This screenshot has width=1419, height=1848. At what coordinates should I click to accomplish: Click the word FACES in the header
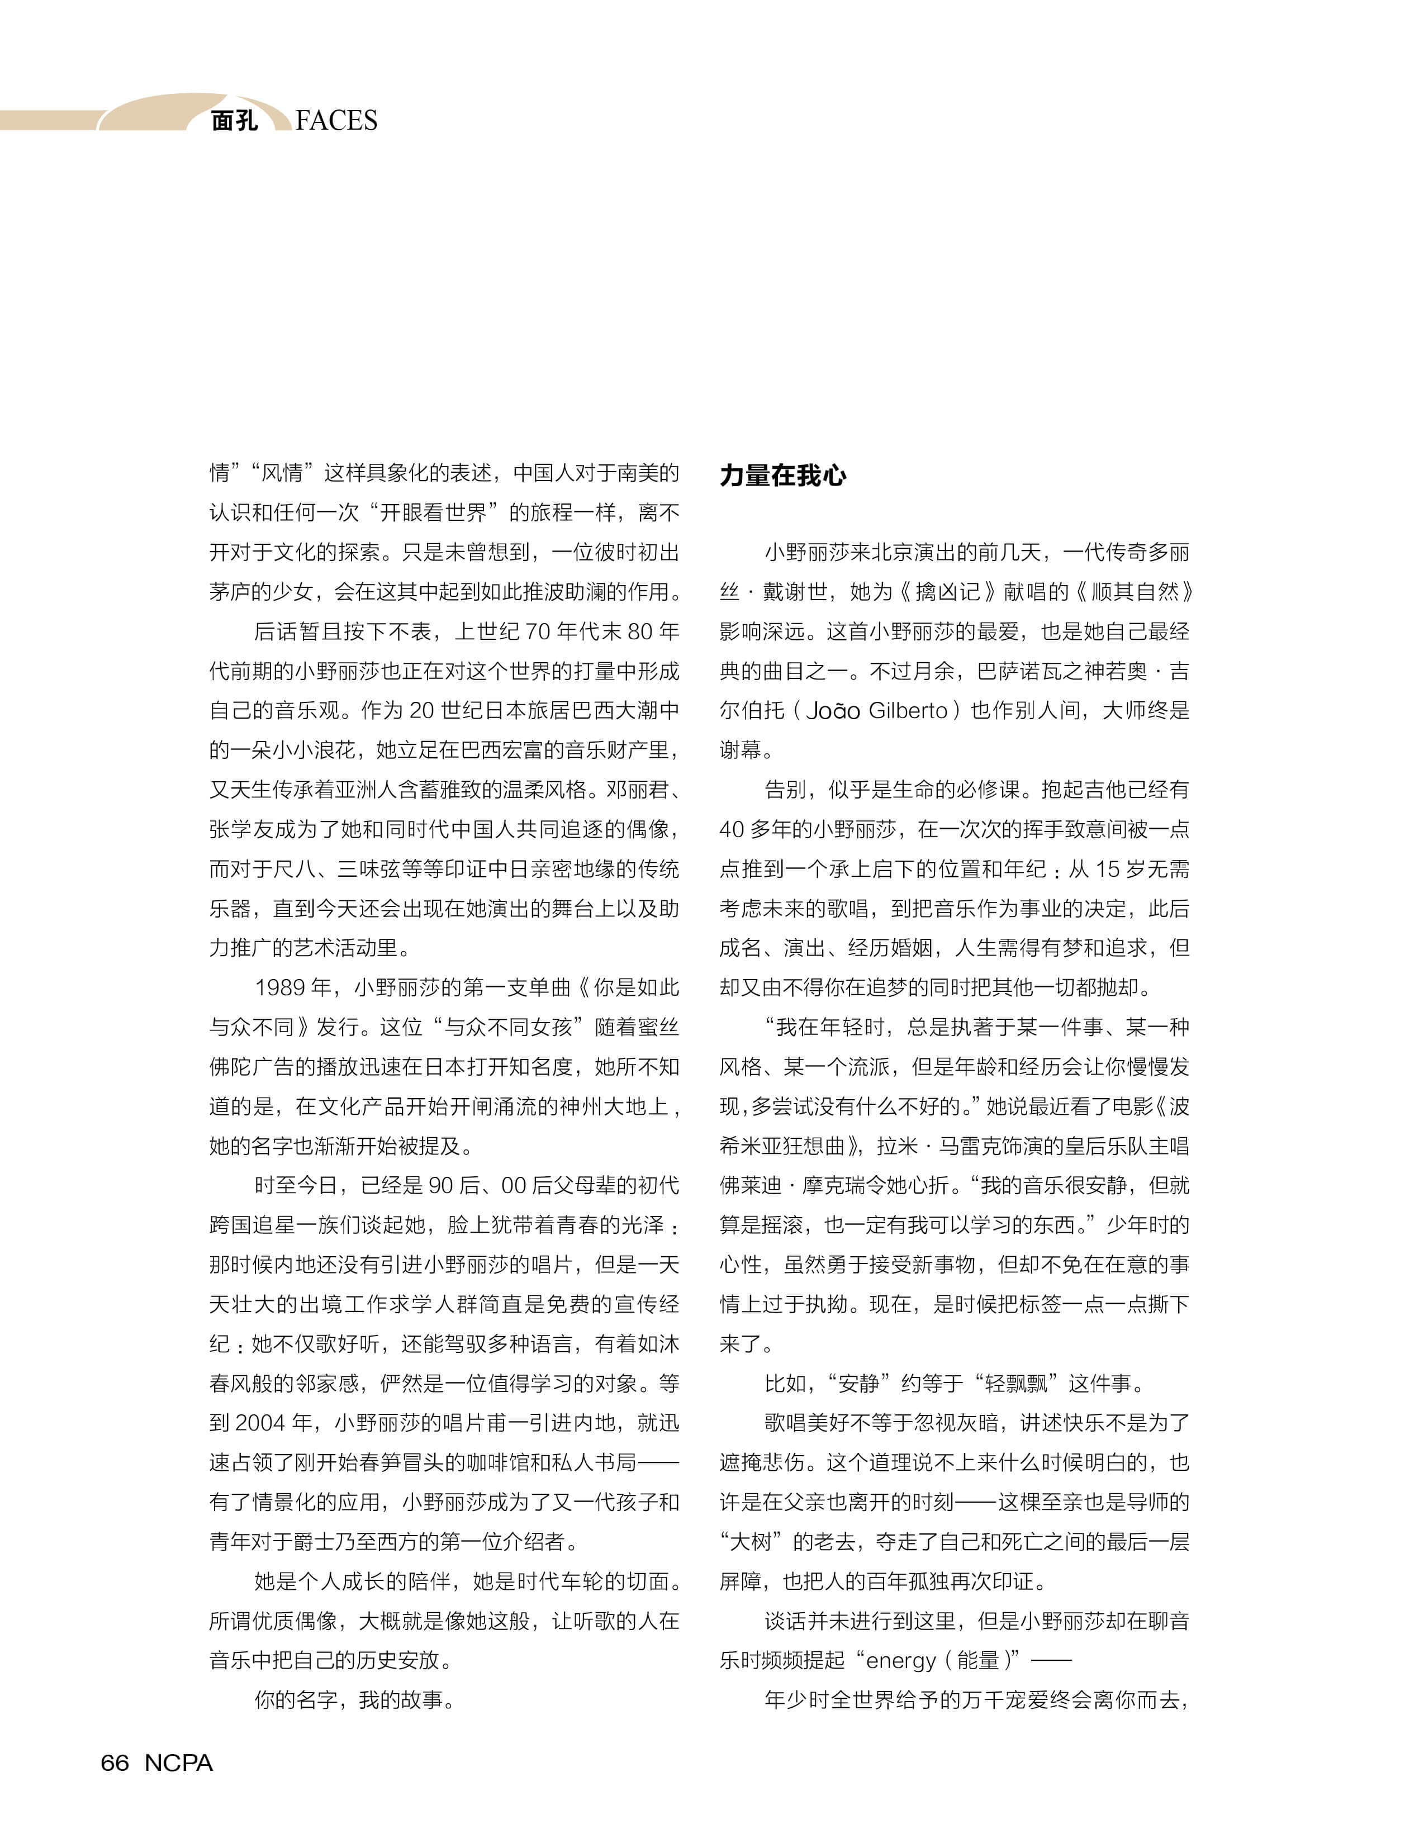pyautogui.click(x=336, y=121)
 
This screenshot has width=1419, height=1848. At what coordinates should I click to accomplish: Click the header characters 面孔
pyautogui.click(x=234, y=121)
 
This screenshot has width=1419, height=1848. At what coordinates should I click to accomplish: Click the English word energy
pyautogui.click(x=901, y=1660)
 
